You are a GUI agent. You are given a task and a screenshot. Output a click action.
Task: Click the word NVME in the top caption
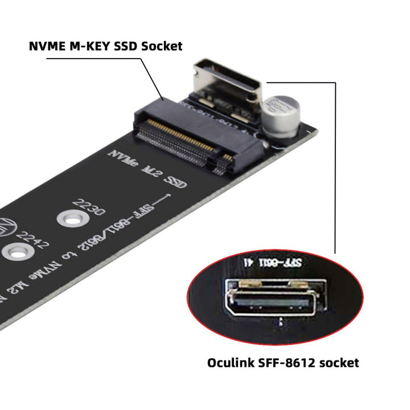[47, 46]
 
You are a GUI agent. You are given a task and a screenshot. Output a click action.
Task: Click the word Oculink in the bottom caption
[232, 362]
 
